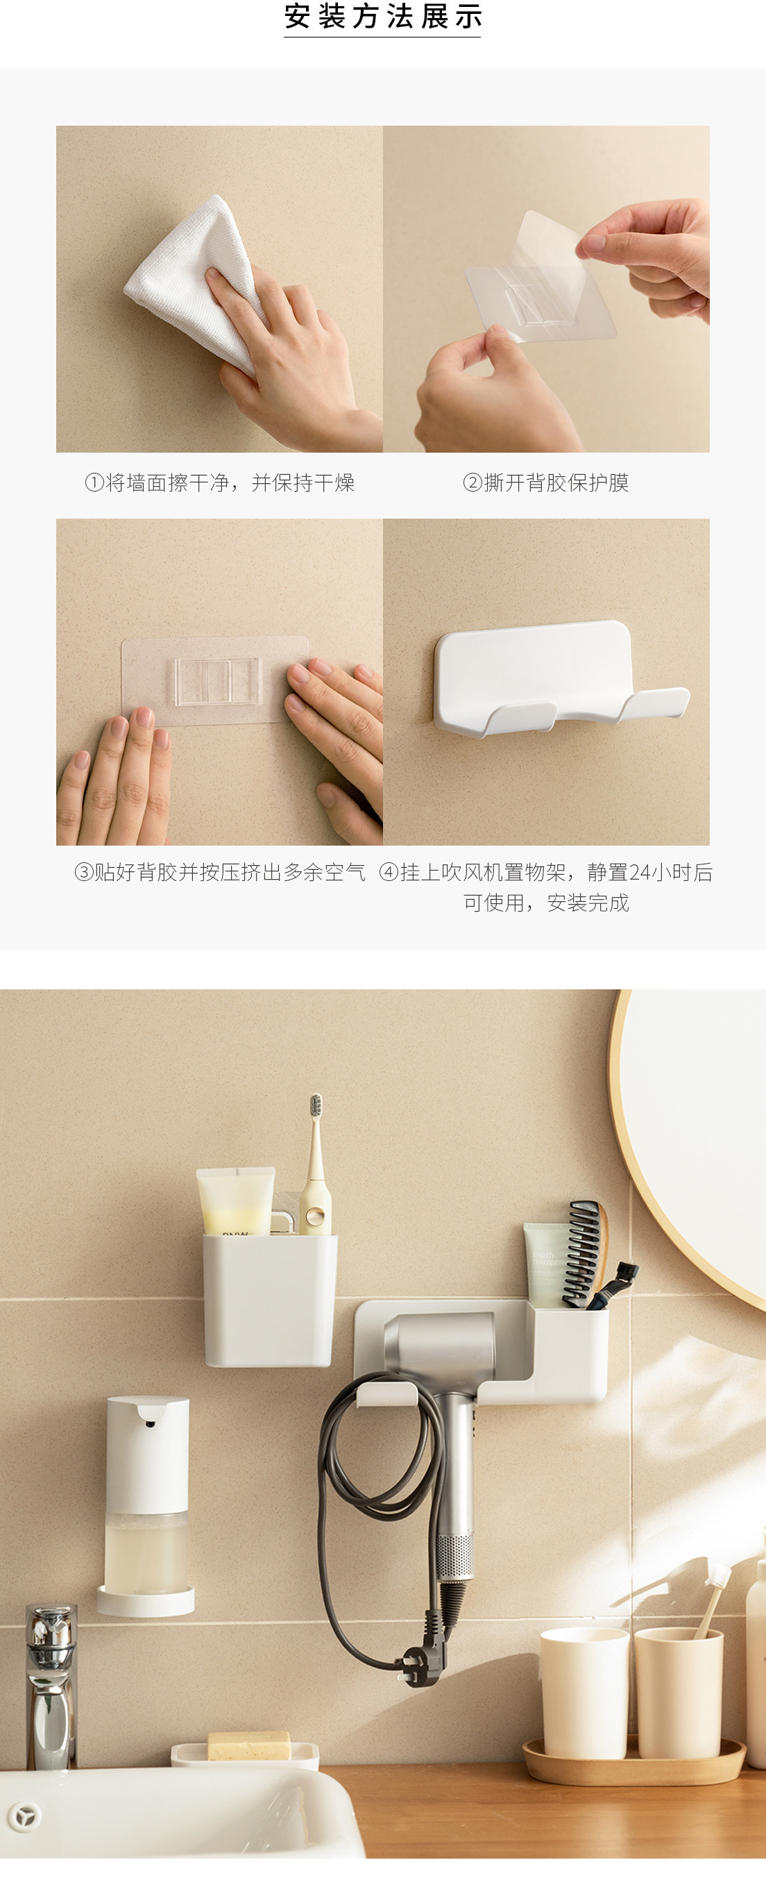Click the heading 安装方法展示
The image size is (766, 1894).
tap(382, 17)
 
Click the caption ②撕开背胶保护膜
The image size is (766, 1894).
tap(546, 483)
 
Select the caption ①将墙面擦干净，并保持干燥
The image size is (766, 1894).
tap(220, 483)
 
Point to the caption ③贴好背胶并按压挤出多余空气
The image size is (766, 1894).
tap(220, 872)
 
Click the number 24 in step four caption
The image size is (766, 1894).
tap(640, 873)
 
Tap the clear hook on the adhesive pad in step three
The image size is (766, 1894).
tap(218, 682)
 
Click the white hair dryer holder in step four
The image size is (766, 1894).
tap(561, 678)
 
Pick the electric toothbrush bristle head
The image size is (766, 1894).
tap(316, 1106)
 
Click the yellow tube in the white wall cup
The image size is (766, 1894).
tap(235, 1200)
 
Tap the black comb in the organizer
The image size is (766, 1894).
tap(585, 1254)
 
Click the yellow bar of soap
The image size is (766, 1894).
tap(248, 1745)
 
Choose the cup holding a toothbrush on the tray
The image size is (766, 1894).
tap(679, 1693)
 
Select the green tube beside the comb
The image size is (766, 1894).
tap(545, 1264)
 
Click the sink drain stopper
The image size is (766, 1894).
tap(25, 1816)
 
